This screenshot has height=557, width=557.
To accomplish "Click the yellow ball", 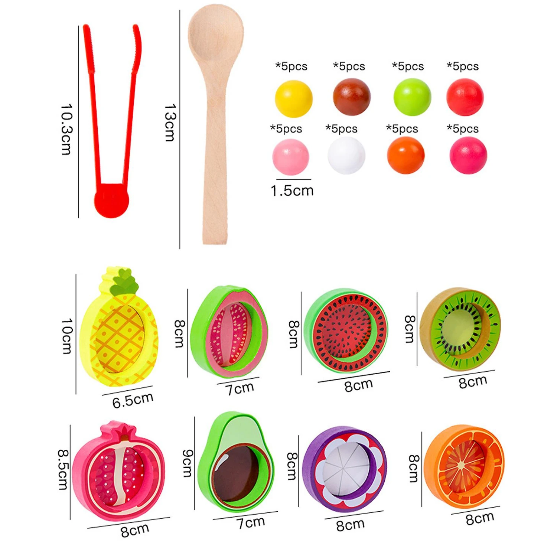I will (x=293, y=98).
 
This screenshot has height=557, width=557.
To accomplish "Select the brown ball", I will (x=351, y=97).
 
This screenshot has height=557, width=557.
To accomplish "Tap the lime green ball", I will (x=412, y=97).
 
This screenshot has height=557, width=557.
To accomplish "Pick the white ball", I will (x=346, y=156).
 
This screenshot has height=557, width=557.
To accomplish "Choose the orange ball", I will (x=405, y=155).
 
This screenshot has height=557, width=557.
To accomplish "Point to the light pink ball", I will (x=290, y=157).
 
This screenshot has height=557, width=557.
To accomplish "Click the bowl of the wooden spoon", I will (x=215, y=35).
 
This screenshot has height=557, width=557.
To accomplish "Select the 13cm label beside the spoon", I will (x=169, y=123).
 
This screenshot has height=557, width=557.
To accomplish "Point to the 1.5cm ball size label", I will (x=292, y=191).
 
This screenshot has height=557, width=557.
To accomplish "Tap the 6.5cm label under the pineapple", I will (x=133, y=400).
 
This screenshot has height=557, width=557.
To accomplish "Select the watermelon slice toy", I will (x=345, y=330).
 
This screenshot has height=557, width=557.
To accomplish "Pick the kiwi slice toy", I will (x=460, y=329).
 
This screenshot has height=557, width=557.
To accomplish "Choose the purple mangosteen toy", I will (x=344, y=470).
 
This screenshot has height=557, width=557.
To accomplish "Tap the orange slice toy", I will (x=464, y=466).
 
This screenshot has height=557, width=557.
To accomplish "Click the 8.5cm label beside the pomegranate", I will (x=63, y=470).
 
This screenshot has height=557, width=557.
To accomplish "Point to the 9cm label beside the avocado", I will (x=188, y=463).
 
